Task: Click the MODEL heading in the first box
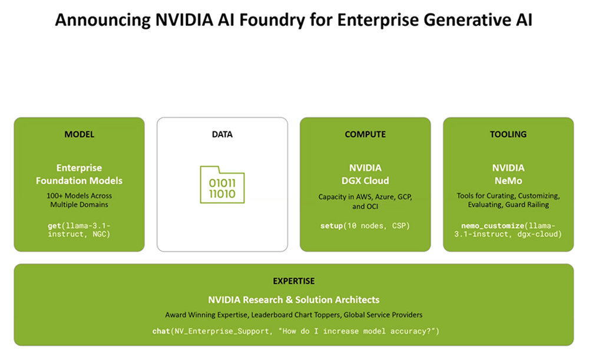pyautogui.click(x=79, y=134)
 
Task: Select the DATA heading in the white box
pyautogui.click(x=222, y=134)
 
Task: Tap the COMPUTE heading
pyautogui.click(x=365, y=134)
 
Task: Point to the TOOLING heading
pyautogui.click(x=508, y=134)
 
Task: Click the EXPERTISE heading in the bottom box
pyautogui.click(x=293, y=281)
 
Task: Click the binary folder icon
pyautogui.click(x=222, y=184)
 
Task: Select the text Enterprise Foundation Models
pyautogui.click(x=79, y=174)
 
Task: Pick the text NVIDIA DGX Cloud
pyautogui.click(x=365, y=174)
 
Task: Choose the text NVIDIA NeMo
pyautogui.click(x=508, y=174)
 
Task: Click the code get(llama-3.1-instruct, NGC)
pyautogui.click(x=79, y=230)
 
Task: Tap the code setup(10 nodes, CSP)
pyautogui.click(x=365, y=226)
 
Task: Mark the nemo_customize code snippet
pyautogui.click(x=508, y=230)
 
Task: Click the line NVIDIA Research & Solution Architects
pyautogui.click(x=293, y=300)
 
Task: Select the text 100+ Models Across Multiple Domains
pyautogui.click(x=79, y=200)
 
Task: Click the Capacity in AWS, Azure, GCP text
pyautogui.click(x=365, y=197)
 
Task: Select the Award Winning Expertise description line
pyautogui.click(x=293, y=315)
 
